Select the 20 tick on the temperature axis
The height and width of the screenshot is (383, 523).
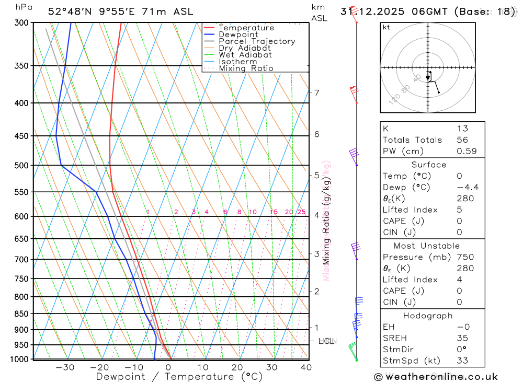pyautogui.click(x=237, y=367)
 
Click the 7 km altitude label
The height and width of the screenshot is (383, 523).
pyautogui.click(x=316, y=93)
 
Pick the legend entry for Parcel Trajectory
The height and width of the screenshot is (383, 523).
pyautogui.click(x=256, y=41)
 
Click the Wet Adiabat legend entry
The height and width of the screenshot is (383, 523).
pyautogui.click(x=245, y=55)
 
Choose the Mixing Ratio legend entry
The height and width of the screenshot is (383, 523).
pyautogui.click(x=246, y=68)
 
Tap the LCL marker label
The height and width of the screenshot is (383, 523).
pyautogui.click(x=326, y=341)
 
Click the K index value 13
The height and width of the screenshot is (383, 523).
pyautogui.click(x=462, y=129)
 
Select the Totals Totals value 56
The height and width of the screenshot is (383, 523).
pyautogui.click(x=462, y=140)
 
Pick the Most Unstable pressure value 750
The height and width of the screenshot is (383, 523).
pyautogui.click(x=465, y=257)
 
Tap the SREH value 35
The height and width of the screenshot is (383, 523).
pyautogui.click(x=462, y=339)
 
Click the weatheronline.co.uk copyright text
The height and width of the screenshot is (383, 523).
pyautogui.click(x=436, y=377)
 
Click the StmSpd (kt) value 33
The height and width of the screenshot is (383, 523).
pyautogui.click(x=462, y=361)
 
